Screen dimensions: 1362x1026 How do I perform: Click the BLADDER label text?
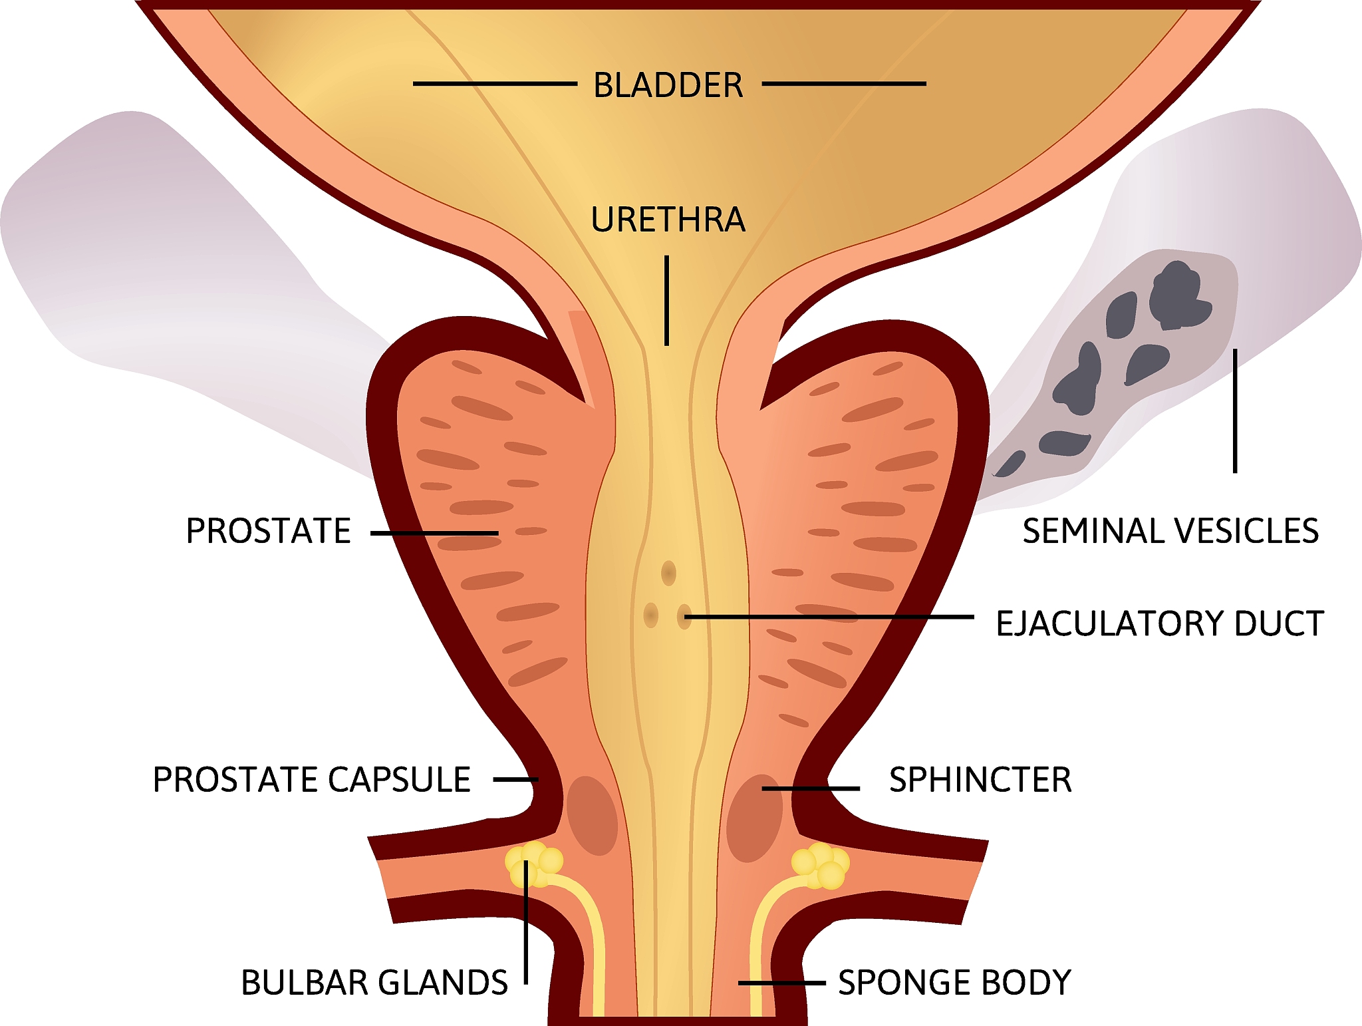[x=668, y=85]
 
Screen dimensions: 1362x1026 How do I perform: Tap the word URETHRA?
[x=668, y=220]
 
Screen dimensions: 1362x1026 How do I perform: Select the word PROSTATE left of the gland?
[x=268, y=531]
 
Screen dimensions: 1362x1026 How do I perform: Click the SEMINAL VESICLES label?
[x=1170, y=531]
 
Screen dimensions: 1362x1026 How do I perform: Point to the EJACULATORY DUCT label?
[x=1160, y=623]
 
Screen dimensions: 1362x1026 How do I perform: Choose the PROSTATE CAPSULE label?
[x=312, y=779]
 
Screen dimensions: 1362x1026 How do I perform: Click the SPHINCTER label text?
[x=980, y=779]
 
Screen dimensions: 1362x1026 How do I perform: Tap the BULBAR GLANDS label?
[x=374, y=983]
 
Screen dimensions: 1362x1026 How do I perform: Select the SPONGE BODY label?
[x=954, y=983]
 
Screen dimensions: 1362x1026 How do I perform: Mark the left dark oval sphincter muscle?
[x=592, y=815]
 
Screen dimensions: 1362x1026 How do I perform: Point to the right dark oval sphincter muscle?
[x=754, y=818]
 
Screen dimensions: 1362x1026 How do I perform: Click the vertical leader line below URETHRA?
[x=667, y=300]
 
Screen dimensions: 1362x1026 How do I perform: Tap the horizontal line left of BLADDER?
[x=495, y=84]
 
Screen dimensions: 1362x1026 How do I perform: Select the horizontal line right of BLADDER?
[x=844, y=84]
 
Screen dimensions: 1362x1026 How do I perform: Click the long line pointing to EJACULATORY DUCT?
[x=829, y=617]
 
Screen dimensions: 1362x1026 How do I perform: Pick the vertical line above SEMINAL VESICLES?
[x=1235, y=411]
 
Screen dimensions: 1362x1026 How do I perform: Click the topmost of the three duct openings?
[x=668, y=573]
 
